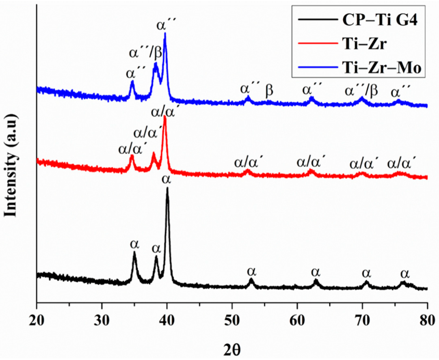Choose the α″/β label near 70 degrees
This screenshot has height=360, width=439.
[x=361, y=91]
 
